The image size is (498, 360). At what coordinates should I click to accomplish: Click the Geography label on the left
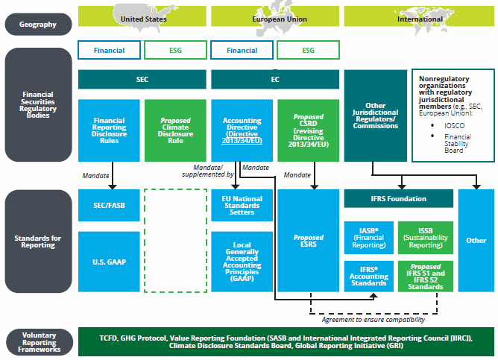click(x=38, y=24)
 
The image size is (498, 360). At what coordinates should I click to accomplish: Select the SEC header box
click(x=142, y=79)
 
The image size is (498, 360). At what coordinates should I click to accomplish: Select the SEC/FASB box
click(x=109, y=206)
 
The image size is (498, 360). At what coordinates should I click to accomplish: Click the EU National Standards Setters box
click(x=242, y=206)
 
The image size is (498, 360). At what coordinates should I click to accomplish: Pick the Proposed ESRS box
click(x=308, y=240)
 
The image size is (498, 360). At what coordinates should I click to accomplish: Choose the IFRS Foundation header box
click(x=398, y=199)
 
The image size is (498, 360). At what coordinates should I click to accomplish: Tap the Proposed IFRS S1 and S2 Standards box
click(x=425, y=274)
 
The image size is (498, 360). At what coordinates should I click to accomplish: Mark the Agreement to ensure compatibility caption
click(x=373, y=319)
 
